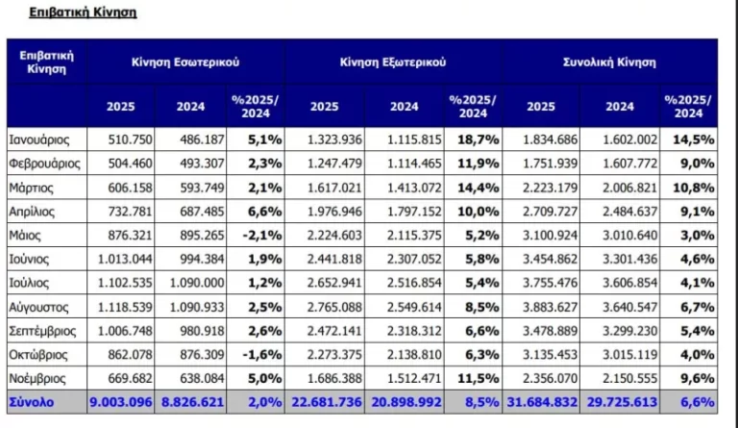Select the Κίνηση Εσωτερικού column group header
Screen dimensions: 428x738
[x=185, y=62]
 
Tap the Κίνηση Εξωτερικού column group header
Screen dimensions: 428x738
[x=393, y=62]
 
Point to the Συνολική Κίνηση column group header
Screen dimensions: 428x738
[x=608, y=62]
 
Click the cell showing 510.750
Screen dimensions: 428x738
[x=120, y=139]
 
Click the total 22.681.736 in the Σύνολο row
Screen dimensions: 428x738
[x=332, y=400]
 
